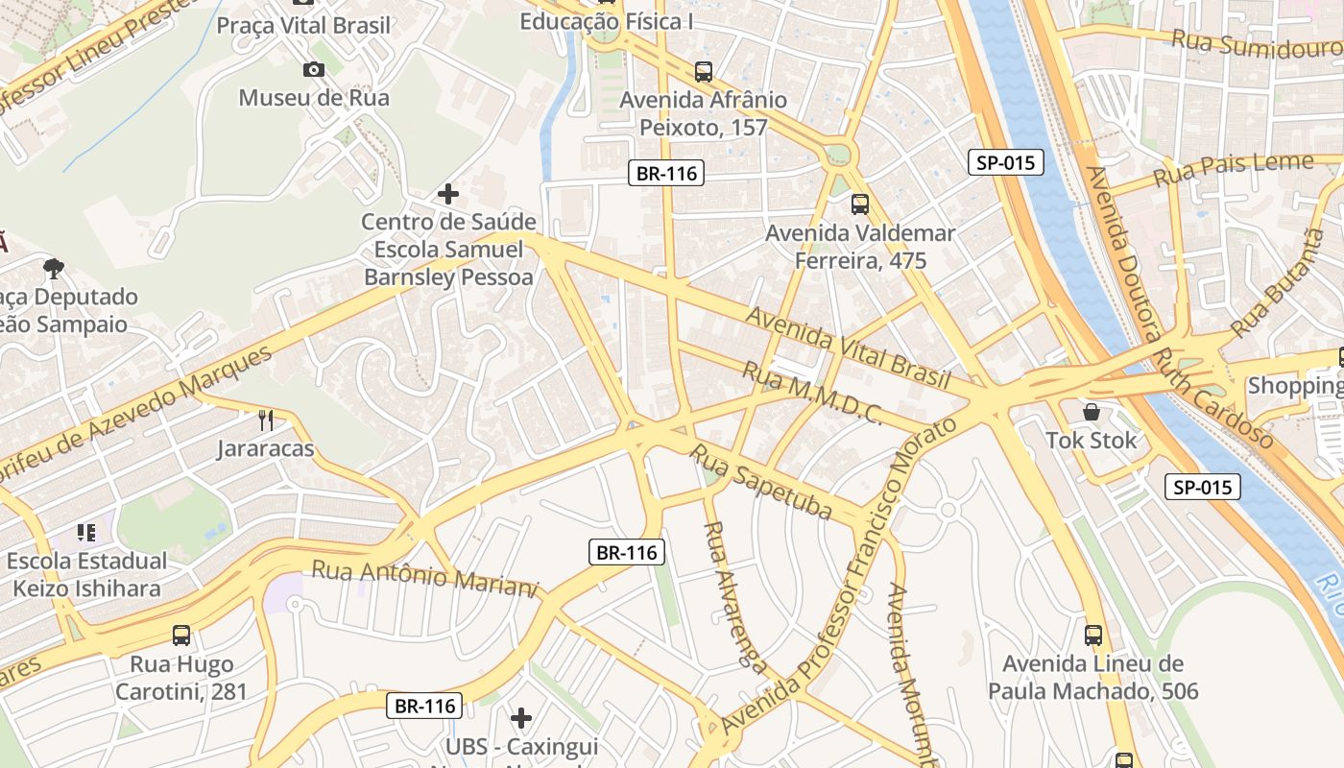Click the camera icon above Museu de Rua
pyautogui.click(x=313, y=69)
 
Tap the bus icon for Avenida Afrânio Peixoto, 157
pyautogui.click(x=704, y=71)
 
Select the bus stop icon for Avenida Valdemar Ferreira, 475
pyautogui.click(x=859, y=204)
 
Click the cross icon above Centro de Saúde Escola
pyautogui.click(x=447, y=194)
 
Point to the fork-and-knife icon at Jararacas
pyautogui.click(x=266, y=420)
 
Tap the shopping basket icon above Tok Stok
pyautogui.click(x=1092, y=412)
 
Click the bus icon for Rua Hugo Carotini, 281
pyautogui.click(x=181, y=635)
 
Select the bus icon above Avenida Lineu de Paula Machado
pyautogui.click(x=1092, y=635)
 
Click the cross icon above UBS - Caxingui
pyautogui.click(x=521, y=717)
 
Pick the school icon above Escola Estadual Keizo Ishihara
pyautogui.click(x=86, y=532)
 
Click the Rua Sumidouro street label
pyautogui.click(x=1256, y=44)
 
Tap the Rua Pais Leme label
pyautogui.click(x=1232, y=169)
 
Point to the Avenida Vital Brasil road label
pyautogui.click(x=848, y=346)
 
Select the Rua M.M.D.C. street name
pyautogui.click(x=812, y=392)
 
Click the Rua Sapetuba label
pyautogui.click(x=760, y=481)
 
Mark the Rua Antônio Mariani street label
pyautogui.click(x=424, y=577)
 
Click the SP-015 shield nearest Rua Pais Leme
pyautogui.click(x=1005, y=162)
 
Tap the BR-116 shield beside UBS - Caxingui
pyautogui.click(x=425, y=706)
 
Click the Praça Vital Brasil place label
pyautogui.click(x=303, y=25)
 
